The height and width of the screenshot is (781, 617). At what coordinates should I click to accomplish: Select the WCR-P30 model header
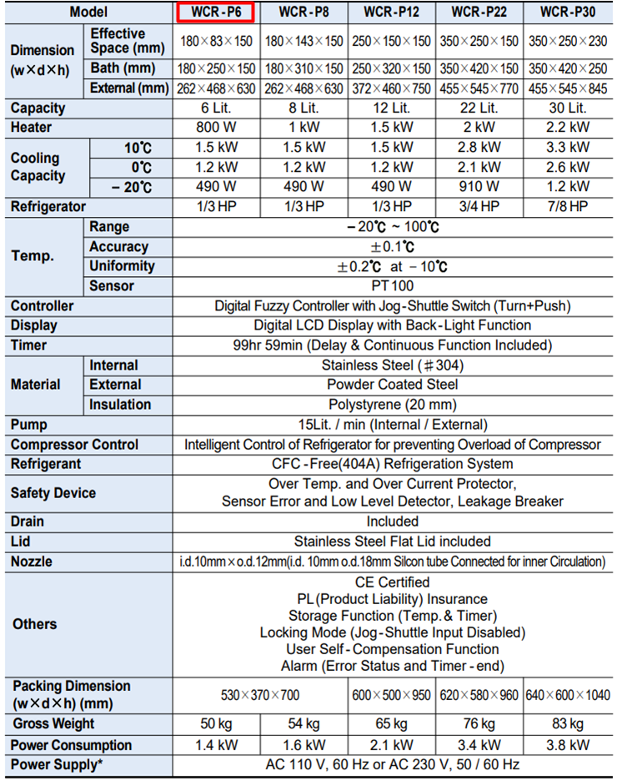click(567, 13)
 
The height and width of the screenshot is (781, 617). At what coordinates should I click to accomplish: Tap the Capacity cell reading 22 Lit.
click(479, 108)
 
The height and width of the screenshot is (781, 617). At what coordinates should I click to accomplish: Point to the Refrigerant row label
click(47, 464)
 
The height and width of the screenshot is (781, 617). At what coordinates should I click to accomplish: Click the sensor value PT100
click(392, 286)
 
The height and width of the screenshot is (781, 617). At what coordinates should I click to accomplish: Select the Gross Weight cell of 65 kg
click(392, 723)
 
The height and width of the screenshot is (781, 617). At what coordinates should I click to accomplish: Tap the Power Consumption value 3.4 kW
click(479, 744)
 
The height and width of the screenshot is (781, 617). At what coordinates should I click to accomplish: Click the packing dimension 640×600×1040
click(568, 694)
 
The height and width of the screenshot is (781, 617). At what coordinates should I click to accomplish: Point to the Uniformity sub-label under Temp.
click(122, 266)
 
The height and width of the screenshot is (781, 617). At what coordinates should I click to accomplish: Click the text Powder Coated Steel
click(392, 385)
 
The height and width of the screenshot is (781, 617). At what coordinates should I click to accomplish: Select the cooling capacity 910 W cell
click(479, 187)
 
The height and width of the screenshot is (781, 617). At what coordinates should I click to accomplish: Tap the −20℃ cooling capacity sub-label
click(132, 187)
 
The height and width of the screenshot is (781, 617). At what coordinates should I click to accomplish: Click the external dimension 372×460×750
click(392, 88)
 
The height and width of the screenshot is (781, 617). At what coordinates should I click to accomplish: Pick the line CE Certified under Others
click(392, 582)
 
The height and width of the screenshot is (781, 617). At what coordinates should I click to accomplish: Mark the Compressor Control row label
click(74, 445)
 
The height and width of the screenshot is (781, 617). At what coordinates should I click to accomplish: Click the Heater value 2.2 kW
click(567, 128)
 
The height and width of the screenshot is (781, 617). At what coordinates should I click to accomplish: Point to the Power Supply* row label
click(58, 764)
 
